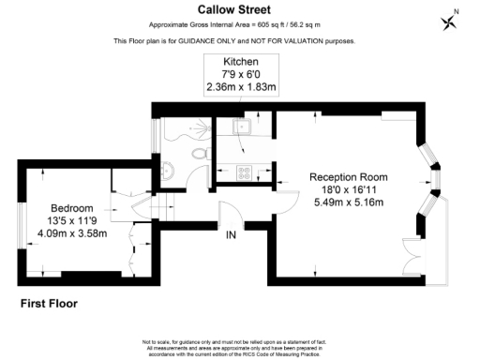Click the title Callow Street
(240, 10)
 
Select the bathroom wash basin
(166, 170)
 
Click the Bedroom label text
(72, 208)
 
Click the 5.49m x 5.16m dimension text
(349, 202)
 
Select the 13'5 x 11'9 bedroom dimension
(72, 220)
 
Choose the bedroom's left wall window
(21, 226)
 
